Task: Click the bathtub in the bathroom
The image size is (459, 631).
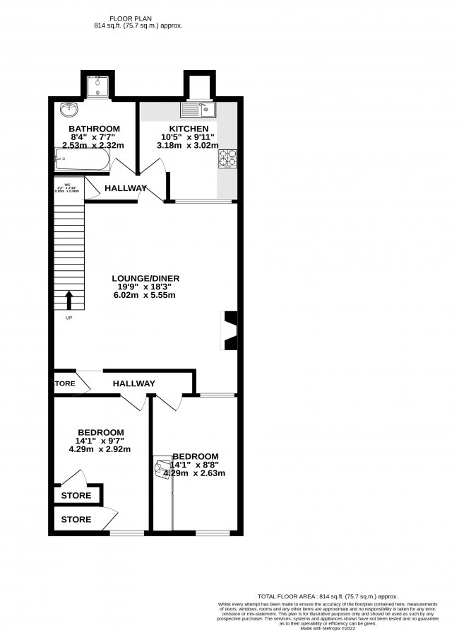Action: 82,160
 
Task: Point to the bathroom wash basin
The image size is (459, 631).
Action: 69,110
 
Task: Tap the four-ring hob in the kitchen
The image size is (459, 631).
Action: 228,158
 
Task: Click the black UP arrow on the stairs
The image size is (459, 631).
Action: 69,301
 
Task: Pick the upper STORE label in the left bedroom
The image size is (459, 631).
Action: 76,496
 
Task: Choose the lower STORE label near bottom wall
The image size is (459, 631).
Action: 76,519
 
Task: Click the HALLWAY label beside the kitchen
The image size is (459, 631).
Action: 126,188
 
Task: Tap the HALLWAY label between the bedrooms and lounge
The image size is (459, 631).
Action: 134,383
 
